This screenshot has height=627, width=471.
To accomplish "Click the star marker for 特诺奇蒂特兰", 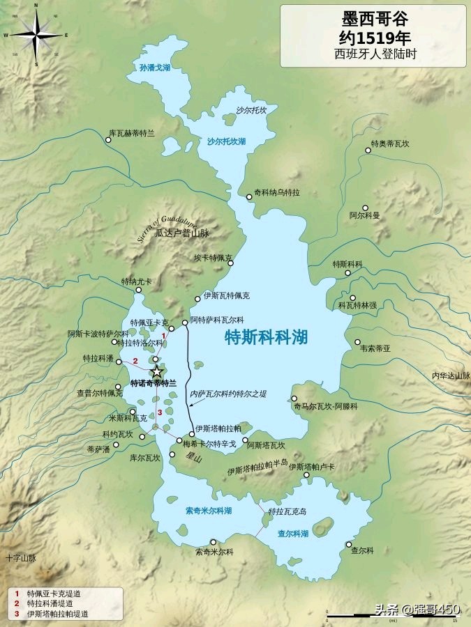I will [156, 371].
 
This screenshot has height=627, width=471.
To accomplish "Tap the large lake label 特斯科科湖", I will [267, 338].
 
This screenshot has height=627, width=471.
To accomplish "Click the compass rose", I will [36, 35].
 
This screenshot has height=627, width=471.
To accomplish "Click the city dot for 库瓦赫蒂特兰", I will [108, 140].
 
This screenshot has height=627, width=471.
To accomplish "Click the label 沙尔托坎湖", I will [226, 141].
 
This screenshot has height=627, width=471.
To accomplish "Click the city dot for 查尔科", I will [353, 541].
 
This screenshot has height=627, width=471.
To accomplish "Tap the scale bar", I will [391, 614].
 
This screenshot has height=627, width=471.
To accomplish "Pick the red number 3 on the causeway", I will [160, 412].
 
